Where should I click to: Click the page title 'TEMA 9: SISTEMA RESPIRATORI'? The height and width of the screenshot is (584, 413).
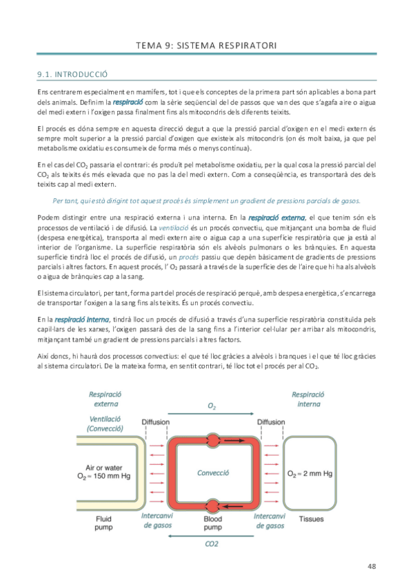(x=206, y=45)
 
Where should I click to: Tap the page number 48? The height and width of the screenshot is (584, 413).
(x=371, y=566)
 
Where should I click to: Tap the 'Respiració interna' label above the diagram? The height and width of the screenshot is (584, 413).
(x=309, y=399)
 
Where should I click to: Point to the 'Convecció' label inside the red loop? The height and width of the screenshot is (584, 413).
(x=213, y=473)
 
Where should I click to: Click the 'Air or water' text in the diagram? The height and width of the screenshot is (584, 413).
(x=94, y=466)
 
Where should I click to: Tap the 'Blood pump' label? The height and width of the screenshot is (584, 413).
(x=212, y=524)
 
